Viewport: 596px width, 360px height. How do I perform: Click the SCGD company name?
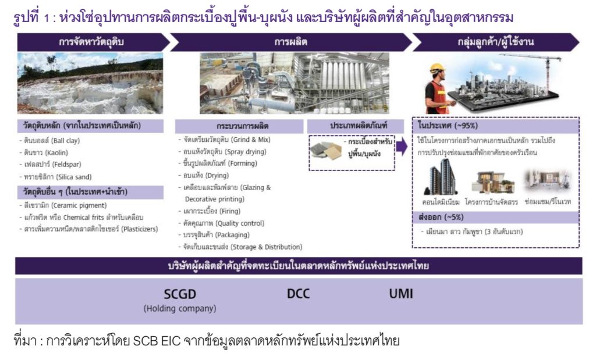coord(180,294)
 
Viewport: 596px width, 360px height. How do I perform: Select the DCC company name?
coord(299,294)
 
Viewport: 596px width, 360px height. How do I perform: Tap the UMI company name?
coord(400,294)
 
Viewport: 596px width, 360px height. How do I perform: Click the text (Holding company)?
coord(180,308)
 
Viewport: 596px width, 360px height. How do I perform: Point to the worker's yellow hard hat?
coord(437,69)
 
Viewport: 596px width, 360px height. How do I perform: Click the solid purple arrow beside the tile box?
coord(402,147)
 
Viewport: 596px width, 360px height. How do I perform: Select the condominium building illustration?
coord(441,177)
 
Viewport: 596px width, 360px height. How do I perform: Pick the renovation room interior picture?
coord(547,181)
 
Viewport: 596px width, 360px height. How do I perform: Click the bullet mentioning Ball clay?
coord(50,141)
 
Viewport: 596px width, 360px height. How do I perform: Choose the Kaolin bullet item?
coord(44,152)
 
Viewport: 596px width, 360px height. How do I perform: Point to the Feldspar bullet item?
coord(51,165)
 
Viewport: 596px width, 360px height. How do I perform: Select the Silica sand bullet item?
coord(56,177)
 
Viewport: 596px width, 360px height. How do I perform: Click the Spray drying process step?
coord(223,152)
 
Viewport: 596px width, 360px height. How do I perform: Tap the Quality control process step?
coord(222,223)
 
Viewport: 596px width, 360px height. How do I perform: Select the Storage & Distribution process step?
coord(240,247)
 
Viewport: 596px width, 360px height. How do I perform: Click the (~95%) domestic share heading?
coord(448,126)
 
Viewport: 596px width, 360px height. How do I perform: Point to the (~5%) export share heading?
coord(441,217)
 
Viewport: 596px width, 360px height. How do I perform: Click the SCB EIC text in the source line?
coord(157,341)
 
